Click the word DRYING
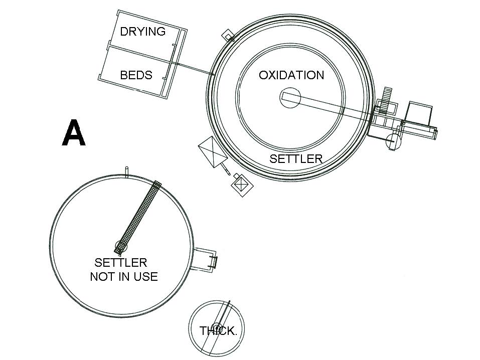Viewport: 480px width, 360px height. (x=142, y=32)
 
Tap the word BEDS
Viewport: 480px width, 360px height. (x=136, y=75)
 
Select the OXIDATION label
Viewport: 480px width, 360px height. (x=291, y=75)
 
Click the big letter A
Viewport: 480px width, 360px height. (x=74, y=133)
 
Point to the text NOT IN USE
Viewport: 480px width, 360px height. (x=124, y=276)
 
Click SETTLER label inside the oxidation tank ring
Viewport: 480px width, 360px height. (x=295, y=159)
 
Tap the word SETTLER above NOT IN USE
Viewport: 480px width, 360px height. (x=121, y=262)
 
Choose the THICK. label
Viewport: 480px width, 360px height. (x=218, y=331)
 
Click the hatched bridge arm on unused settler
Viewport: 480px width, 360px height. (x=140, y=213)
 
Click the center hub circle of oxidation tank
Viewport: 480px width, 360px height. (x=290, y=98)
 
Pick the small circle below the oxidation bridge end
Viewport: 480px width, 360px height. (x=393, y=141)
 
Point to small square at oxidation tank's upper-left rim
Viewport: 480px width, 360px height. (x=229, y=36)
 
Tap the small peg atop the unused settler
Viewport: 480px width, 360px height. (x=127, y=172)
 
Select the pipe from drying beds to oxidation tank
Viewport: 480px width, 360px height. (x=193, y=68)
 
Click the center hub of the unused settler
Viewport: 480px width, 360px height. (x=121, y=246)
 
